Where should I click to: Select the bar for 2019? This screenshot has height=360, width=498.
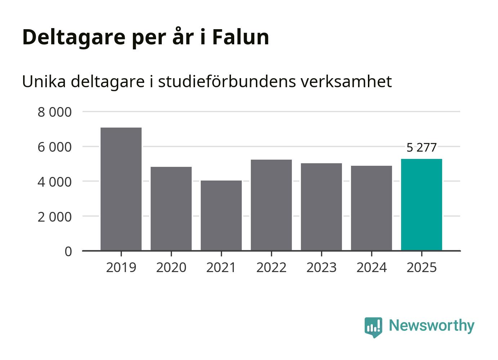point(121,189)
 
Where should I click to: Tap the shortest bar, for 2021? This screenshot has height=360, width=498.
point(221,215)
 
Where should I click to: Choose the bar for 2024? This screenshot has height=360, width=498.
point(372,208)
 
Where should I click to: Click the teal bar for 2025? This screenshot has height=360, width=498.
point(422,204)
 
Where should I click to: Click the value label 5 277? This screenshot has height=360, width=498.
point(422,147)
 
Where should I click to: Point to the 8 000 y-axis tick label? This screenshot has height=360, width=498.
point(55,112)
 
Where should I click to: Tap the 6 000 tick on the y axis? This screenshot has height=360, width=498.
point(55,147)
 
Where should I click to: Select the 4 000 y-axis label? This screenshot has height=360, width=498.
point(55,182)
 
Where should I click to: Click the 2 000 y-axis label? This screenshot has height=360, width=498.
point(55,217)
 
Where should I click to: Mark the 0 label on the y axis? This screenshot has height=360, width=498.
point(68,251)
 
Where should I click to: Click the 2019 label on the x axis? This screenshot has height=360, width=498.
point(121,267)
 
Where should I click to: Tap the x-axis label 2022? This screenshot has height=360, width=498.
point(271,267)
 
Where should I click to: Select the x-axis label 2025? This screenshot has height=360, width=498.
point(422,267)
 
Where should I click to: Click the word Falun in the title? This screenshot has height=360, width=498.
point(240,37)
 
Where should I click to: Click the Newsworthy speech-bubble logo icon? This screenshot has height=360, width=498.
point(373,327)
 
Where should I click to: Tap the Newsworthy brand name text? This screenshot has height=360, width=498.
point(432,325)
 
